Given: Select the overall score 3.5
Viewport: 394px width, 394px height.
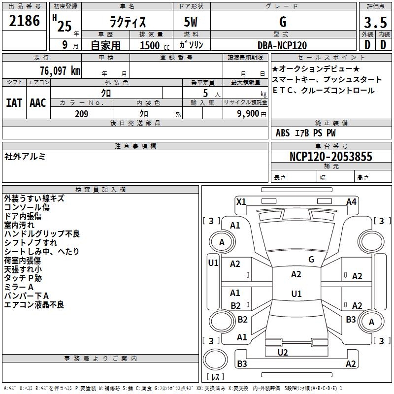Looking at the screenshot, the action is click(x=375, y=22).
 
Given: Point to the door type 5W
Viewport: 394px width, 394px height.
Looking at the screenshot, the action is click(x=191, y=22).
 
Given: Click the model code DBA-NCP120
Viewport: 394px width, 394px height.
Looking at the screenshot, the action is click(x=282, y=45).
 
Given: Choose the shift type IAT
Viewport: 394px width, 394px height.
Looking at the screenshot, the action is click(x=14, y=102).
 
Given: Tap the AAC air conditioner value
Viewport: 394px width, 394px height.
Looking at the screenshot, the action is click(x=38, y=102).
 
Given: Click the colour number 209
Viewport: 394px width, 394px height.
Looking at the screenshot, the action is click(x=81, y=114).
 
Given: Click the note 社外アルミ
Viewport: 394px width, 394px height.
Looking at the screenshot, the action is click(x=25, y=157).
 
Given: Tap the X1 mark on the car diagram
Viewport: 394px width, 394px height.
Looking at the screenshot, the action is click(x=241, y=201).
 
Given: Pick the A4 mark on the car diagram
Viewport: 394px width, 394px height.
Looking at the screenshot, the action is click(x=351, y=201).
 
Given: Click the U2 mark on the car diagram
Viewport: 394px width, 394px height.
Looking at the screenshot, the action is click(x=283, y=352).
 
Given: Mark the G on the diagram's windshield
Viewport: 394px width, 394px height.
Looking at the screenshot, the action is click(x=311, y=259).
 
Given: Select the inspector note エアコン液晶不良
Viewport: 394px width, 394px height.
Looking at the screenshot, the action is click(x=34, y=305).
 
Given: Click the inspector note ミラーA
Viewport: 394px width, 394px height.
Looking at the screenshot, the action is click(x=19, y=287).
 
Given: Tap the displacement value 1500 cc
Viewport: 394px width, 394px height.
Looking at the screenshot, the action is click(x=150, y=45).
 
